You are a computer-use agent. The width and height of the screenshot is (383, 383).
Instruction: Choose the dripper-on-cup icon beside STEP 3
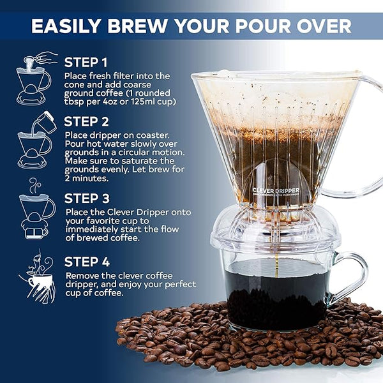tap(35, 208)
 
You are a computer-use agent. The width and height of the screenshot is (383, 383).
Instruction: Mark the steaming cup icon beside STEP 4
tap(36, 276)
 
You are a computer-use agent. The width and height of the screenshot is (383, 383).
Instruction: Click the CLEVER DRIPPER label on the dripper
tap(275, 190)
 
